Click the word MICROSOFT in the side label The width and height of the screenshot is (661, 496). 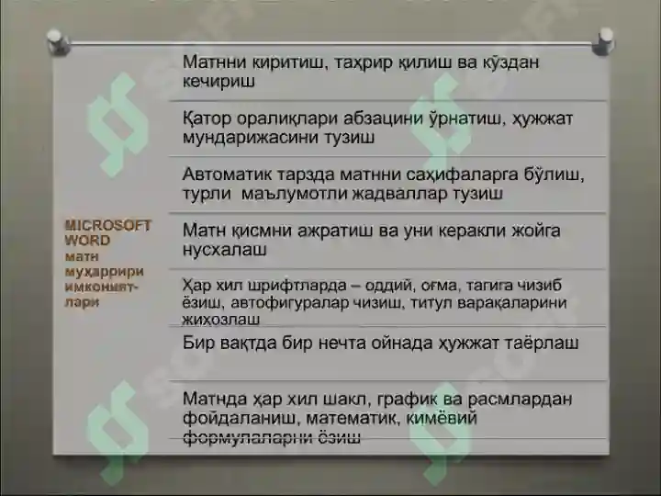click(108, 225)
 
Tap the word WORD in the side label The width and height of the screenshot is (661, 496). click(87, 240)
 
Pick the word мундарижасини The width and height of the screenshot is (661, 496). click(246, 139)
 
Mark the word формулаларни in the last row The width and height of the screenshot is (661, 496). click(243, 438)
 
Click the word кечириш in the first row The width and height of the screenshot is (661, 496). click(218, 82)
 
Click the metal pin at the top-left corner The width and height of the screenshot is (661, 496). click(55, 39)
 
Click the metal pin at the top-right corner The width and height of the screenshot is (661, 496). click(604, 39)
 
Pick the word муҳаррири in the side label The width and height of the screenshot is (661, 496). click(98, 272)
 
